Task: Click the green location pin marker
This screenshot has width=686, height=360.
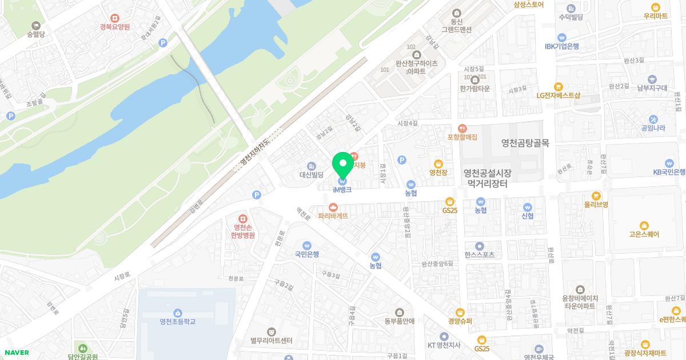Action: point(343,165)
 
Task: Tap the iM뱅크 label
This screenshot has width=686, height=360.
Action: point(342,189)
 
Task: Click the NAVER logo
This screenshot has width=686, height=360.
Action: point(17,352)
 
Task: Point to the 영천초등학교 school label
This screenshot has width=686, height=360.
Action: point(178,321)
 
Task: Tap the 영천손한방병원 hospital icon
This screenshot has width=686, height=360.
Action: point(242,219)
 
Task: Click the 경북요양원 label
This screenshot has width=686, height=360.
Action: point(115,27)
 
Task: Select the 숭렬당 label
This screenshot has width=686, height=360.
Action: point(35,34)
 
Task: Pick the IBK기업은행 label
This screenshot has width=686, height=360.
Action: point(562,46)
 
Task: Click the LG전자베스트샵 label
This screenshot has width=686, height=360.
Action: point(559,95)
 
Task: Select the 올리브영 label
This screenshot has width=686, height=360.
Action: point(596,204)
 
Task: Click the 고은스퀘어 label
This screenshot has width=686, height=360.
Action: point(644,234)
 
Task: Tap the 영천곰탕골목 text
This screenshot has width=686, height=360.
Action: point(525,143)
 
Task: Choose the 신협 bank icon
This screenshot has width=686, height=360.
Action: point(528,207)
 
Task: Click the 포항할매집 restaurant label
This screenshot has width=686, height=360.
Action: point(462,137)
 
